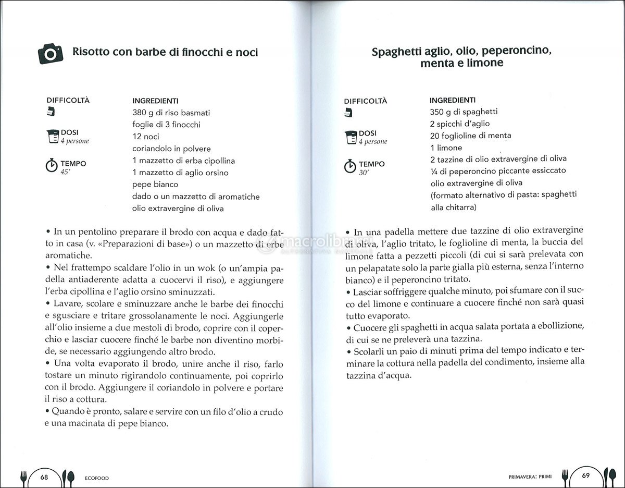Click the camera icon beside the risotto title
(x=51, y=53)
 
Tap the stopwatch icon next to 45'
(x=52, y=166)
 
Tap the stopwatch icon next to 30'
(x=350, y=166)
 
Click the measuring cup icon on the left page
(x=52, y=136)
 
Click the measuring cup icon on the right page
(x=350, y=137)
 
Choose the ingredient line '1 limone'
(x=446, y=148)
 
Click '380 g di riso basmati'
(x=171, y=113)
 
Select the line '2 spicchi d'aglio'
(x=459, y=124)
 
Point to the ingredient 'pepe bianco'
(x=155, y=185)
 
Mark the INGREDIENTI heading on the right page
(x=452, y=100)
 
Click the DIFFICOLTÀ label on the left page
(x=68, y=101)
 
